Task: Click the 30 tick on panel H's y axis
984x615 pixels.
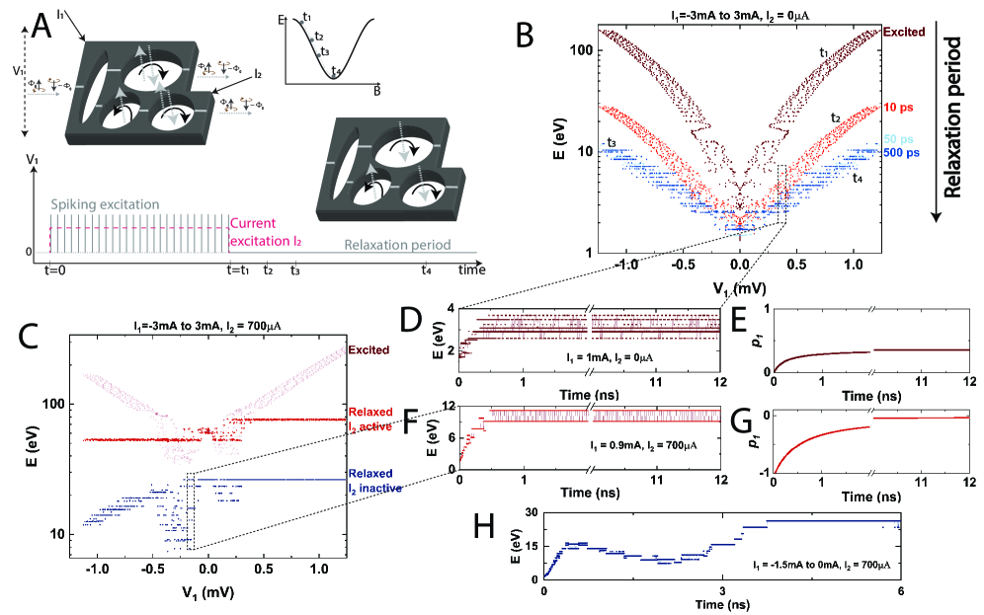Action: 533,511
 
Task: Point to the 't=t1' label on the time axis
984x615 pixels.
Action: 238,269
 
